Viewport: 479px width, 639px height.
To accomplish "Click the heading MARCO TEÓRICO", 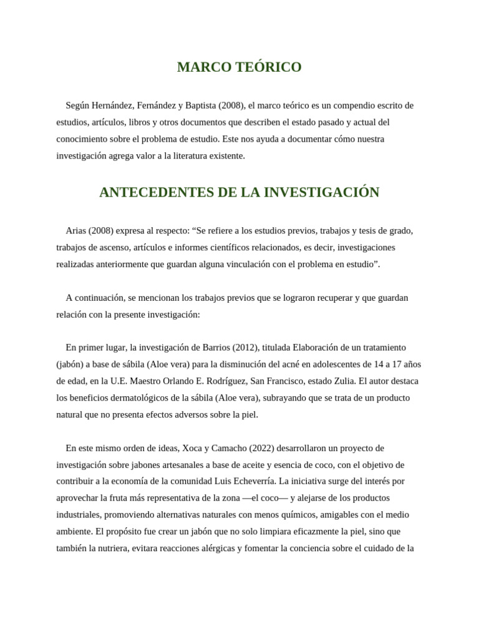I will tap(239, 67).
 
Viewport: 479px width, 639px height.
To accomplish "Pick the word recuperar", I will tap(330, 298).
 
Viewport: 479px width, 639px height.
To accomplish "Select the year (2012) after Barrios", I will tap(247, 348).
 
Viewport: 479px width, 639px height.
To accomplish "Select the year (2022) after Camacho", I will tap(260, 449).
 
